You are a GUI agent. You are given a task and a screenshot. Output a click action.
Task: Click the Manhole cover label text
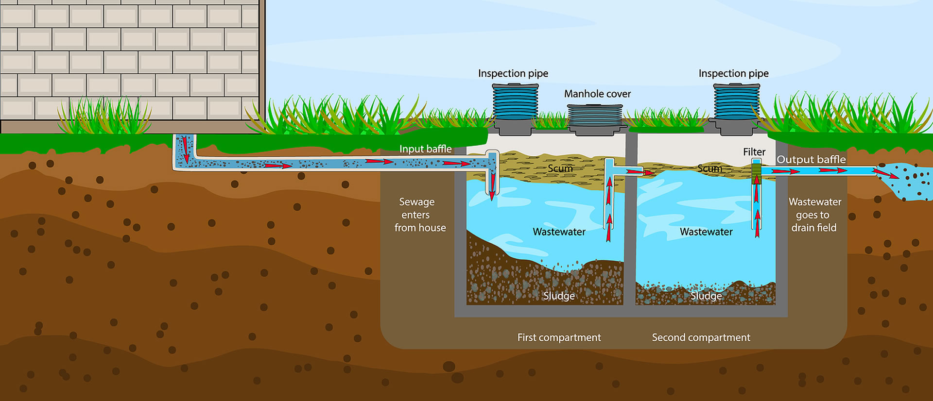[x=597, y=94]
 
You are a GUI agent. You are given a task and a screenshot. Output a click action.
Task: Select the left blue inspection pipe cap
[x=515, y=101]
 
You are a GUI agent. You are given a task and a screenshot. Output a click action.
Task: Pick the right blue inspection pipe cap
[x=736, y=101]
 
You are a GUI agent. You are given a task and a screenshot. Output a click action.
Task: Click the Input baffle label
[x=425, y=149]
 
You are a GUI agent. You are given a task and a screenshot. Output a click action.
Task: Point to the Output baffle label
[x=811, y=159]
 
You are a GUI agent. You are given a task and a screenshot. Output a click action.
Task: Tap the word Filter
[x=754, y=152]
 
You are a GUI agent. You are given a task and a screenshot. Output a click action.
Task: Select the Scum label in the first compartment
[x=560, y=168]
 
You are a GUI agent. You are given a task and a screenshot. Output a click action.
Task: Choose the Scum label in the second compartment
[x=709, y=168]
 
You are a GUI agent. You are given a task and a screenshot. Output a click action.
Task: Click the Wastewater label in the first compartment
[x=559, y=232]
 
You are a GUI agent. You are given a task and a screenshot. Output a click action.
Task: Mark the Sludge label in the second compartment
[x=706, y=296]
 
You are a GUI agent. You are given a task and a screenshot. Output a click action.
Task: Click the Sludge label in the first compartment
[x=559, y=296]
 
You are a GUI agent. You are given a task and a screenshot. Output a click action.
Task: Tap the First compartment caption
[x=559, y=337]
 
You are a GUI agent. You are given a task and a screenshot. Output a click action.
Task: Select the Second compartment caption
[x=701, y=337]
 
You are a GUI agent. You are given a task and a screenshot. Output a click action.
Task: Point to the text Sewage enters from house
[x=419, y=215]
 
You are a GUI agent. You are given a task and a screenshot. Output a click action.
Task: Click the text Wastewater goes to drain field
[x=814, y=215]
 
